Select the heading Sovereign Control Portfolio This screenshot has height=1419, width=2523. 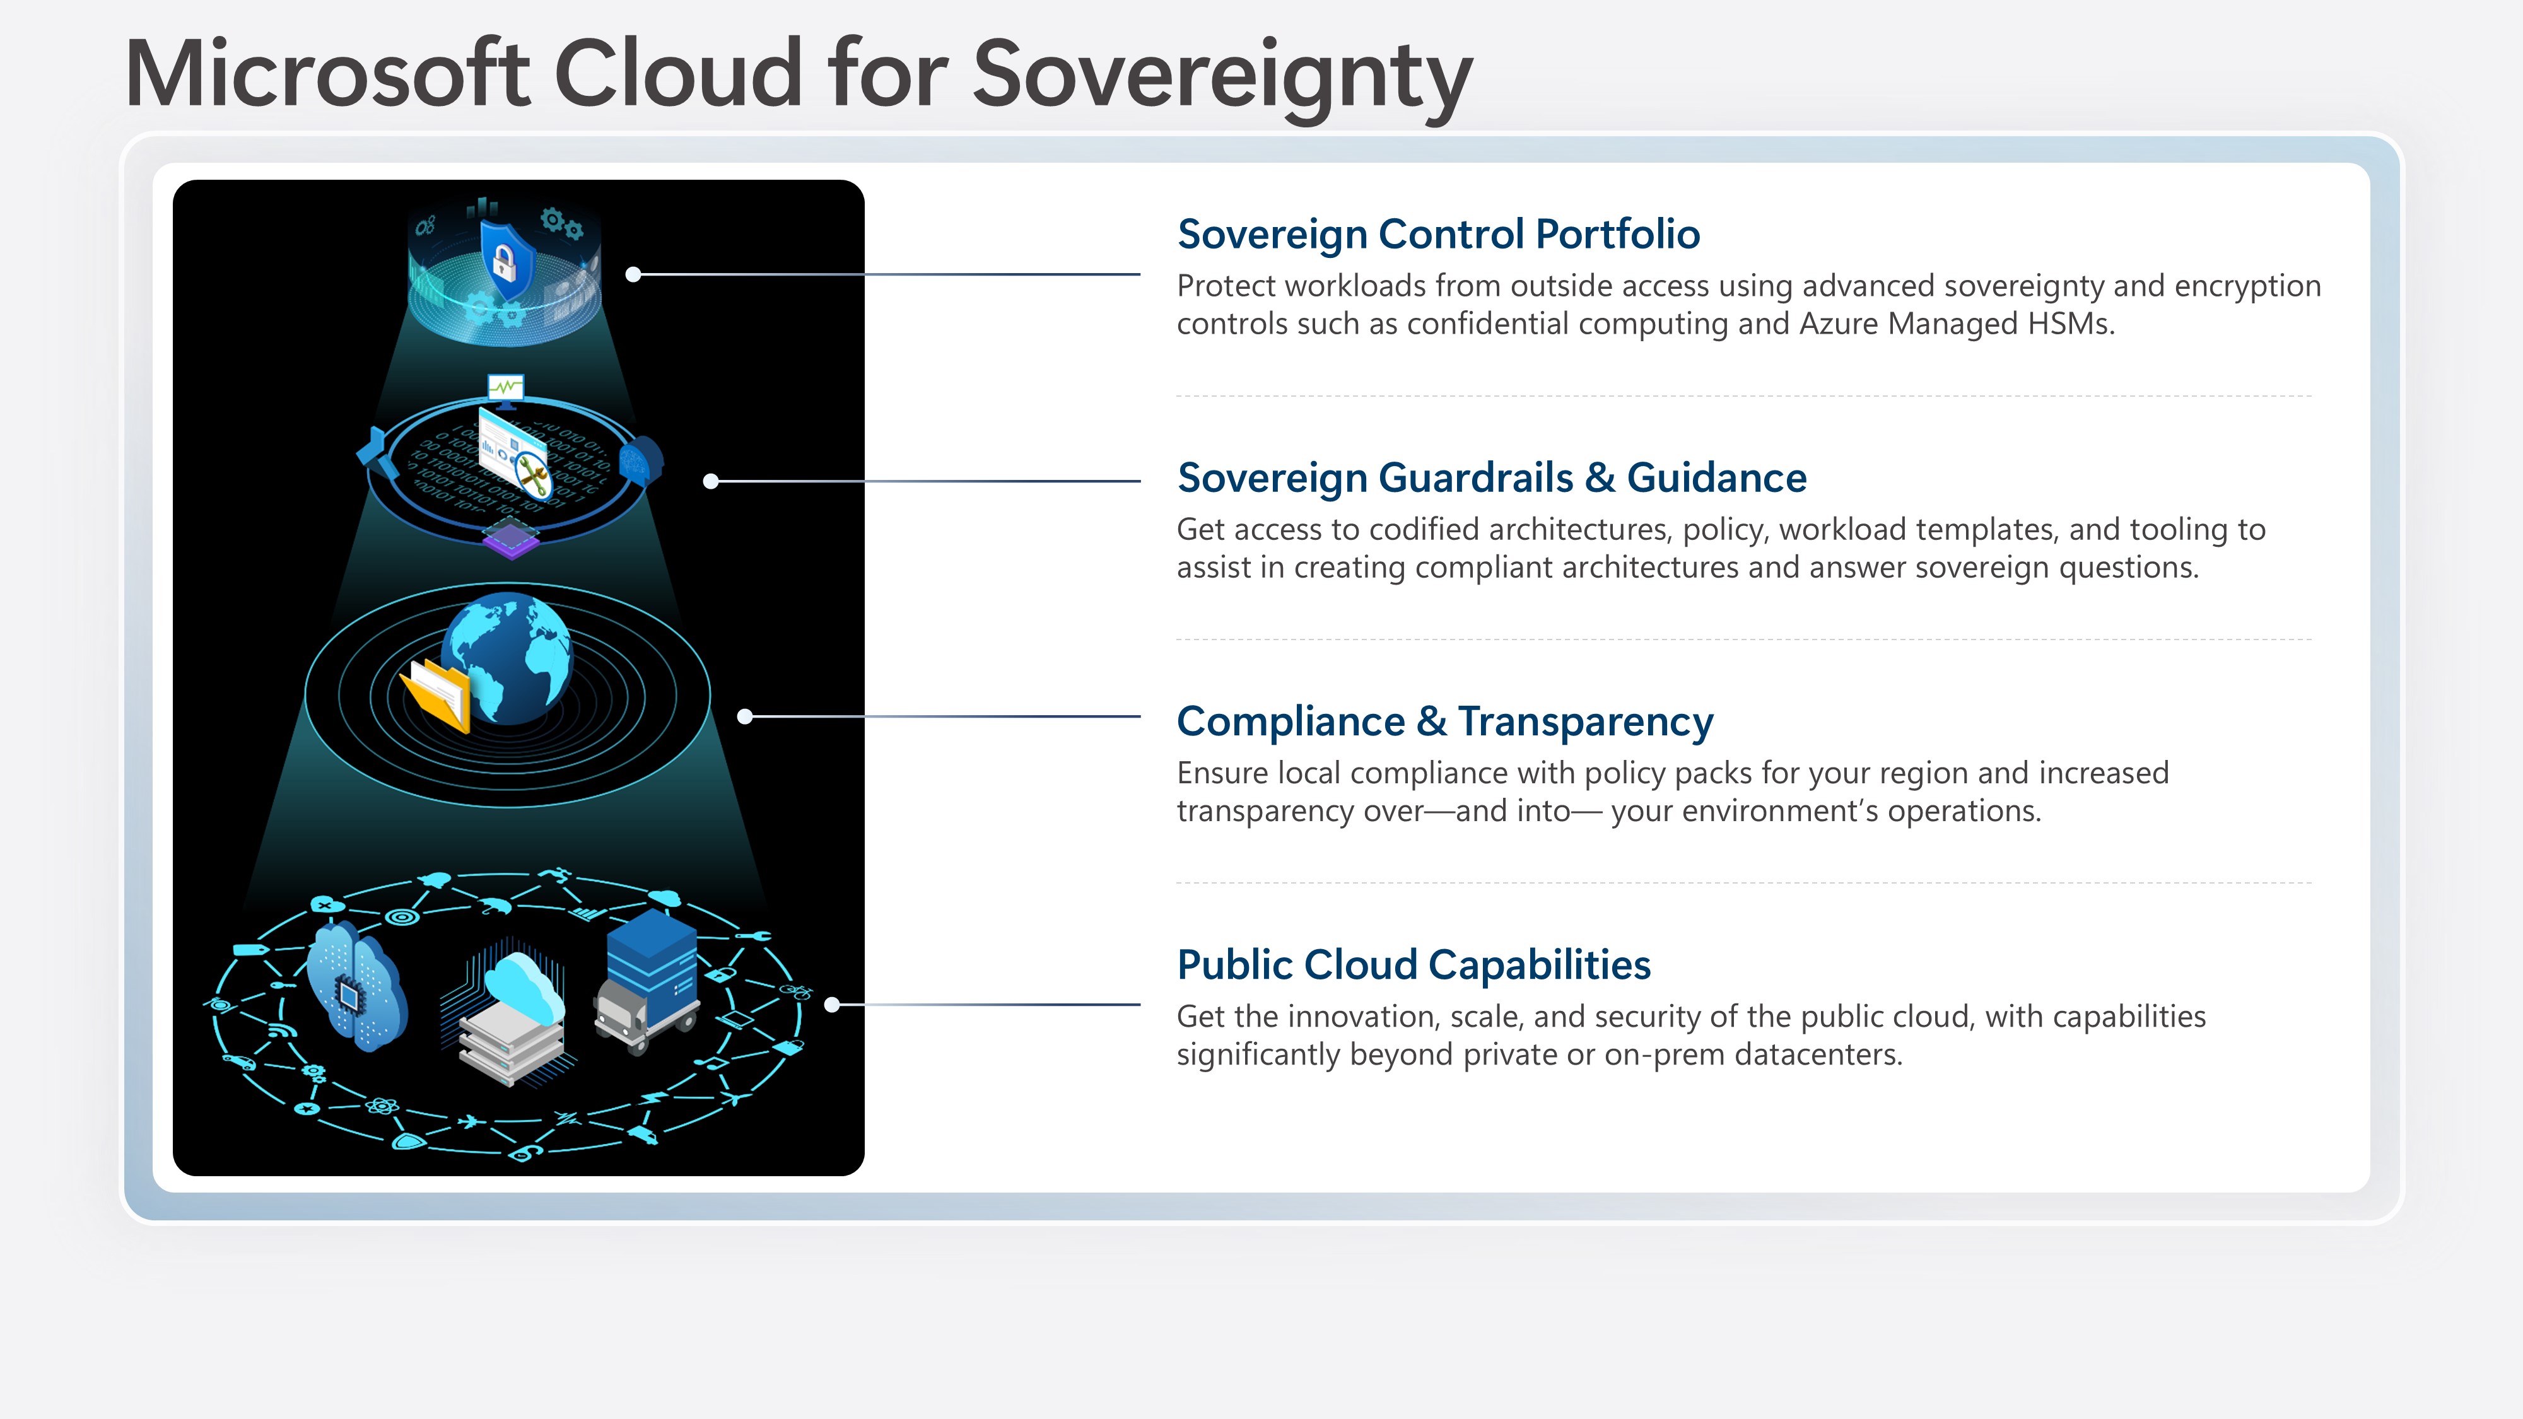click(1438, 235)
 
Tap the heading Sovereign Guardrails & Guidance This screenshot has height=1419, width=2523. click(1492, 478)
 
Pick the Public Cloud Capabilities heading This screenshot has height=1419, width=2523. click(1414, 966)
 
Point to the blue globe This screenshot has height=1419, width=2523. click(506, 657)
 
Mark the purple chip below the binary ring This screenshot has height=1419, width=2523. click(510, 540)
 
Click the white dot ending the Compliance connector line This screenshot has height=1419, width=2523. click(744, 717)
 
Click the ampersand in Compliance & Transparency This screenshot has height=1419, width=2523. click(1431, 721)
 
